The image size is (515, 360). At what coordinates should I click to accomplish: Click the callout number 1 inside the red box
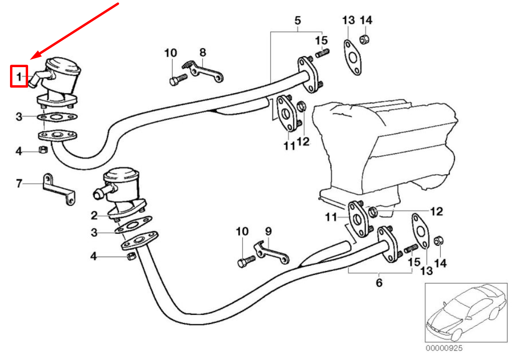[19, 76]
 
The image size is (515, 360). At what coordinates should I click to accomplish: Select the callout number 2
[94, 216]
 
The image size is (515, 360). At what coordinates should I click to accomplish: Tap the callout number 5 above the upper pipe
[298, 20]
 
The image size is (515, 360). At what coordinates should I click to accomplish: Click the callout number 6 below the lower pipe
[379, 282]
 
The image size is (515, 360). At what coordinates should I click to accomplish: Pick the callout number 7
[19, 183]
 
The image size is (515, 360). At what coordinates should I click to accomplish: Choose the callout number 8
[202, 52]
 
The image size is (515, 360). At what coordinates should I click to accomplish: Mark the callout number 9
[268, 231]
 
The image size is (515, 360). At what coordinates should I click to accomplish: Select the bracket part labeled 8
[205, 71]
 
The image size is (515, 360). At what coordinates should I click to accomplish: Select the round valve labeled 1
[60, 76]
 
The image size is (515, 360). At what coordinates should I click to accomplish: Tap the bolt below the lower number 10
[245, 260]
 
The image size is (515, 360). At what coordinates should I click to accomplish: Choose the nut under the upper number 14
[364, 40]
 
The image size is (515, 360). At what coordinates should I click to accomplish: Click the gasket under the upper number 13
[353, 58]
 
